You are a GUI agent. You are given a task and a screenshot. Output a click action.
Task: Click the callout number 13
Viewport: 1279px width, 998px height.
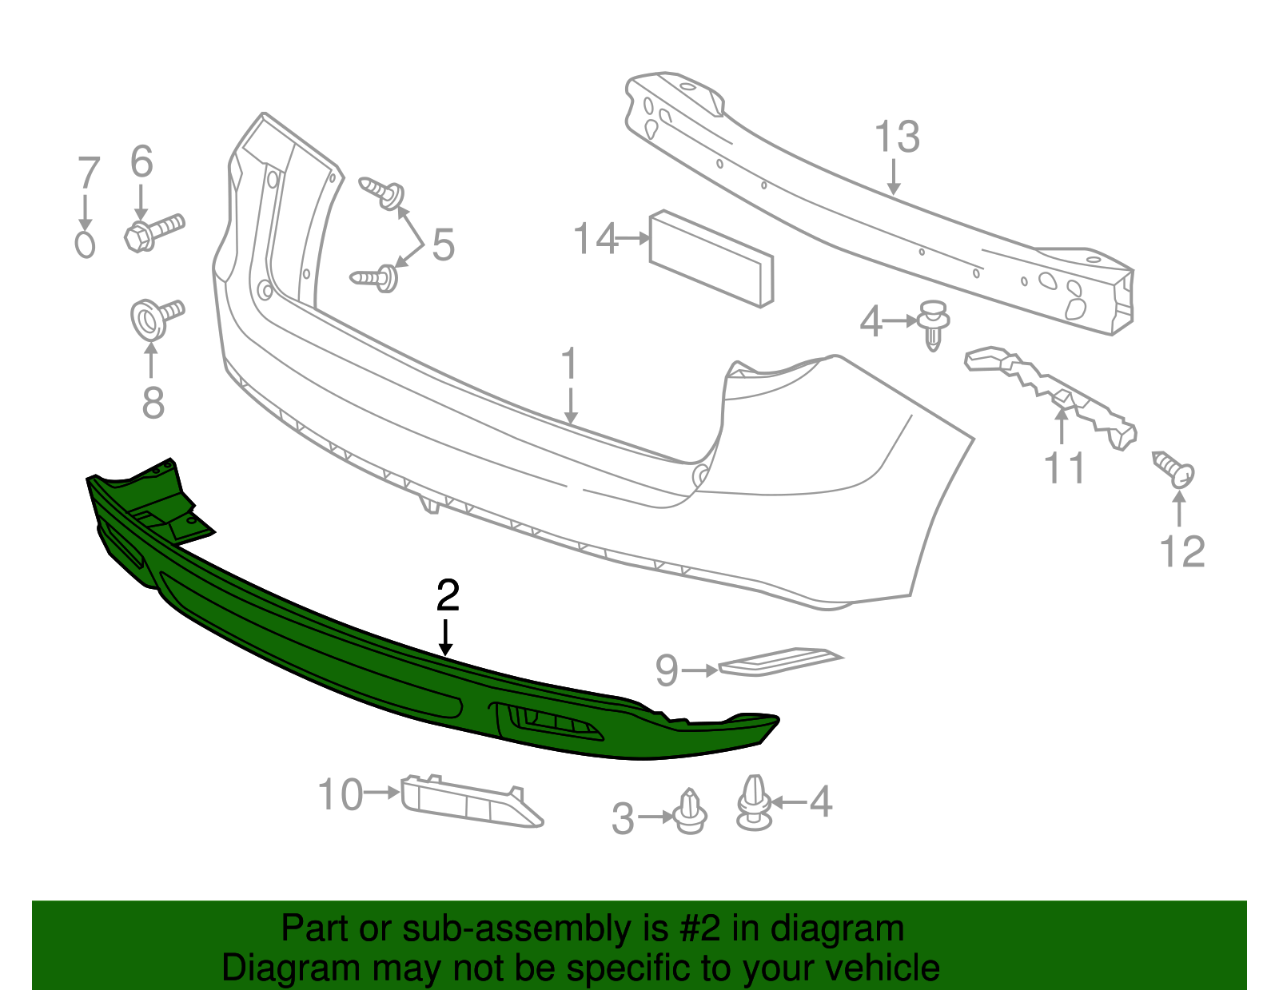click(x=897, y=137)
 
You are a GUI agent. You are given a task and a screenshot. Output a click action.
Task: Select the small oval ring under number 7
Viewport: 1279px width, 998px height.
click(x=85, y=244)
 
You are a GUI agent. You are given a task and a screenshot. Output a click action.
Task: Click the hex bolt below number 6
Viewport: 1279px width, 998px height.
click(x=153, y=232)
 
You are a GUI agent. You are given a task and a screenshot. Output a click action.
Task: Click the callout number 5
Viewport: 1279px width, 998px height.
click(x=443, y=245)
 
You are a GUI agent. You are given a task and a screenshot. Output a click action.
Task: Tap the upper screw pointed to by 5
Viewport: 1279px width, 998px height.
click(x=383, y=193)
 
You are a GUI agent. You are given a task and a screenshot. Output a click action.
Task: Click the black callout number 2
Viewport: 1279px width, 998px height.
click(x=448, y=596)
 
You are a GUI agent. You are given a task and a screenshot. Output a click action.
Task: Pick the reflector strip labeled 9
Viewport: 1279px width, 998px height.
click(x=779, y=661)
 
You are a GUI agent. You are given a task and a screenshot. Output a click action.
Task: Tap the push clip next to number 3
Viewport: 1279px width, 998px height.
click(x=690, y=813)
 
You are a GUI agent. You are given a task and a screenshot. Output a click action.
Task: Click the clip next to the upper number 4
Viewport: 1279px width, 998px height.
click(x=932, y=323)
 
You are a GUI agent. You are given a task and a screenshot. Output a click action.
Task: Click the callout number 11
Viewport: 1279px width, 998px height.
click(x=1065, y=468)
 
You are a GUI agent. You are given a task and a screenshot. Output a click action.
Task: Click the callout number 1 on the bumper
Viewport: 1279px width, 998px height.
click(x=569, y=364)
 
